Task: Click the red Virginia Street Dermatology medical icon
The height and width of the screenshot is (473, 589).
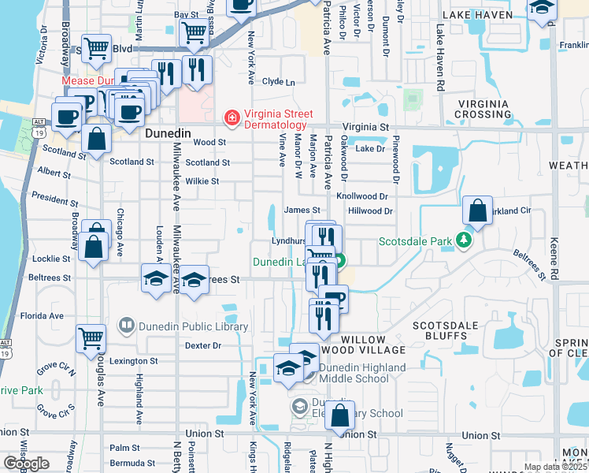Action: pos(232,118)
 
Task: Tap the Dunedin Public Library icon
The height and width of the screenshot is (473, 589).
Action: pos(126,325)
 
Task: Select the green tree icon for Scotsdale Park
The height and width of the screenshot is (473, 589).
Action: pos(465,239)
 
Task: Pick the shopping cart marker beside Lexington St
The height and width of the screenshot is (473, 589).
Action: pos(91,340)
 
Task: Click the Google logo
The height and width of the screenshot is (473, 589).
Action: pos(26,464)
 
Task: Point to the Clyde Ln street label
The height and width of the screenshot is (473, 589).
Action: pos(278,81)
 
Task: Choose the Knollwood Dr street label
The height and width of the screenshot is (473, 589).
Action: pos(362,196)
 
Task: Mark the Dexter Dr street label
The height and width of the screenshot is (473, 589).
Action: pos(203,345)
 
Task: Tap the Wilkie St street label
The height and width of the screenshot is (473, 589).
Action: pos(202,181)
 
